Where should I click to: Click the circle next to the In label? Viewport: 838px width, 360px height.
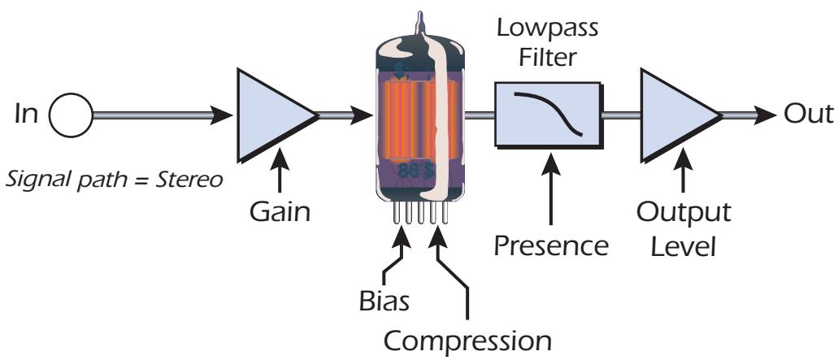(71, 115)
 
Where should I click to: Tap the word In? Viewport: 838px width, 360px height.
(26, 115)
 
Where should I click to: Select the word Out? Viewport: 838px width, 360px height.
(808, 115)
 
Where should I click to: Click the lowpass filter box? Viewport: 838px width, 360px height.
(549, 115)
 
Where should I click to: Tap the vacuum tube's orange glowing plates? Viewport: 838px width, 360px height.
(420, 119)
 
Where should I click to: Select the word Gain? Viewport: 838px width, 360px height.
(280, 212)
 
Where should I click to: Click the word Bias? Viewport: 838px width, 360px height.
(384, 301)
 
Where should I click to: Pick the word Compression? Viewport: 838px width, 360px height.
(467, 340)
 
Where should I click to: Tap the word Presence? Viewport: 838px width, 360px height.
(551, 246)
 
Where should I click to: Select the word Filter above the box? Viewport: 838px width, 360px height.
(549, 56)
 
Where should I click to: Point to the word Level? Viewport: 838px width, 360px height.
(684, 247)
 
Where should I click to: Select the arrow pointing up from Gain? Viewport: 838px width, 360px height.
(279, 171)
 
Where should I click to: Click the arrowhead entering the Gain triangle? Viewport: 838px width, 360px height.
(222, 115)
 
